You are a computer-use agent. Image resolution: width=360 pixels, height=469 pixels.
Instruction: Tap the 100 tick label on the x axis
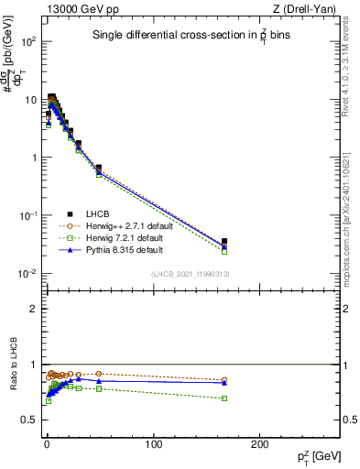point(153,443)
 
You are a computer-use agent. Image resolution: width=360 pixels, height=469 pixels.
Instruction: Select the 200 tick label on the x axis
point(260,443)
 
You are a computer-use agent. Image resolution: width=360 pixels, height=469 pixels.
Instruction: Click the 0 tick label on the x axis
point(47,443)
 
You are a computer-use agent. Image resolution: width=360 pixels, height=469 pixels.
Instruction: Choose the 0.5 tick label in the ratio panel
point(30,420)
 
